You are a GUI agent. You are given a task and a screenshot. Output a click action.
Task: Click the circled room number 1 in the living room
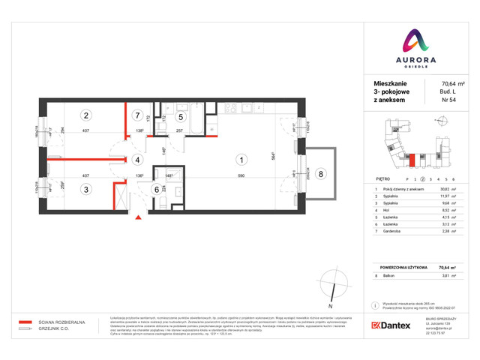pyautogui.click(x=241, y=159)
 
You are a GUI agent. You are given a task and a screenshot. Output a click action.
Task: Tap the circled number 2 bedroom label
pyautogui.click(x=87, y=115)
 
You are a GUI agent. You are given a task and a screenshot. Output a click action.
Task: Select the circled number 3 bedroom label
pyautogui.click(x=87, y=190)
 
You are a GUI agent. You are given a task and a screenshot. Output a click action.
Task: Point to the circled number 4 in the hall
pyautogui.click(x=137, y=160)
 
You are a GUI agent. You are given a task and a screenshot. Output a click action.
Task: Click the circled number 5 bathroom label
pyautogui.click(x=181, y=116)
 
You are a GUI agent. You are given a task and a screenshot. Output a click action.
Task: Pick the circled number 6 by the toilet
pyautogui.click(x=157, y=190)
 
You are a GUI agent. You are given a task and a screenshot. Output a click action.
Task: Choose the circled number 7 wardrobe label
pyautogui.click(x=137, y=115)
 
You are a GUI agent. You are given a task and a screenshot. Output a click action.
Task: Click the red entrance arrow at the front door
pyautogui.click(x=137, y=218)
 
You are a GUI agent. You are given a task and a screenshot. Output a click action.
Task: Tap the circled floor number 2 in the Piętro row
pyautogui.click(x=422, y=179)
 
